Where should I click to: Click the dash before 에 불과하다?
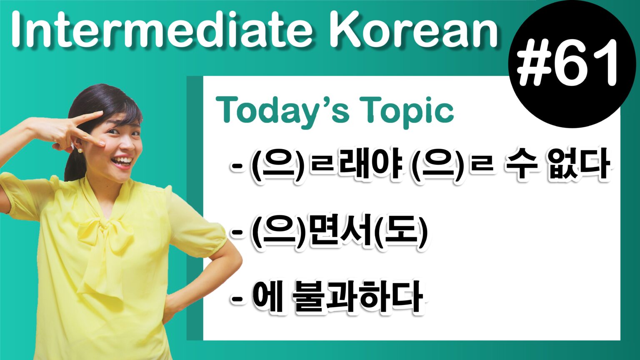(237, 298)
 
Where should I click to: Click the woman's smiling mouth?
(122, 161)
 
